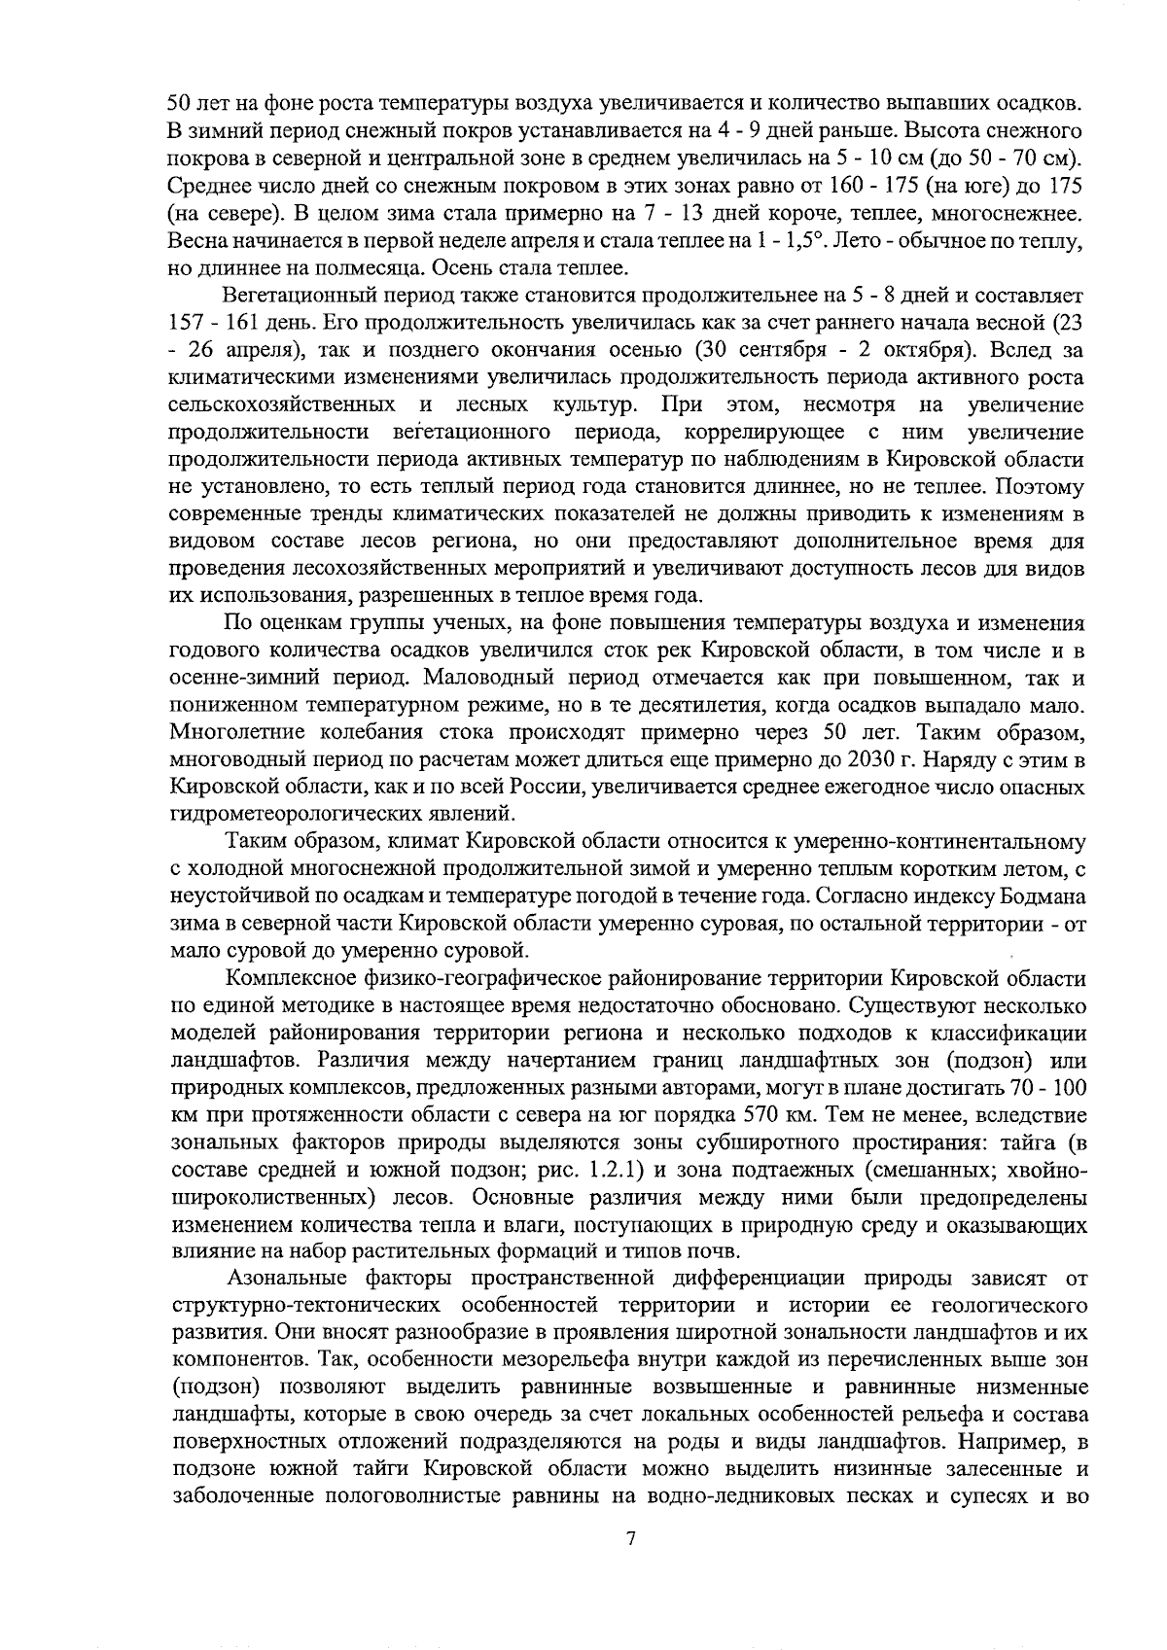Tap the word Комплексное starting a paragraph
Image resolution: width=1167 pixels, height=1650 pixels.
pyautogui.click(x=285, y=977)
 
